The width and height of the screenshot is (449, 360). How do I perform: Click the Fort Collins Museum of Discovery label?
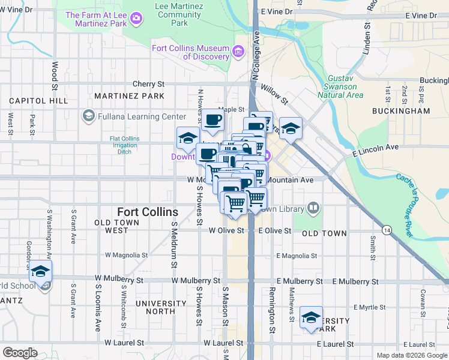pyautogui.click(x=191, y=52)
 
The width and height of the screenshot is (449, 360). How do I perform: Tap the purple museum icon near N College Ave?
pyautogui.click(x=240, y=52)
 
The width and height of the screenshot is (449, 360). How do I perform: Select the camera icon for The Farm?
pyautogui.click(x=137, y=19)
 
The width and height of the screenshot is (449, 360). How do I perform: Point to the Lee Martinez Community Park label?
pyautogui.click(x=178, y=14)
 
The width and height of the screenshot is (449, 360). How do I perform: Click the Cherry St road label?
pyautogui.click(x=148, y=84)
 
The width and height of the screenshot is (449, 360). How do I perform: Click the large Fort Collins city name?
pyautogui.click(x=148, y=212)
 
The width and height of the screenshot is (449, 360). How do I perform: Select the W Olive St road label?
pyautogui.click(x=226, y=230)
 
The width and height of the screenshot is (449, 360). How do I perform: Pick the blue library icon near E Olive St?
pyautogui.click(x=313, y=208)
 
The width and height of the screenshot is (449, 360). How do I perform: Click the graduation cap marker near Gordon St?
pyautogui.click(x=40, y=271)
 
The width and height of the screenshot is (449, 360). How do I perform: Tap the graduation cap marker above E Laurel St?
pyautogui.click(x=311, y=318)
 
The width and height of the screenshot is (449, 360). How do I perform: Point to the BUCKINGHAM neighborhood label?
pyautogui.click(x=401, y=111)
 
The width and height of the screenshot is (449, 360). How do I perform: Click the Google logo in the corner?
pyautogui.click(x=20, y=353)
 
